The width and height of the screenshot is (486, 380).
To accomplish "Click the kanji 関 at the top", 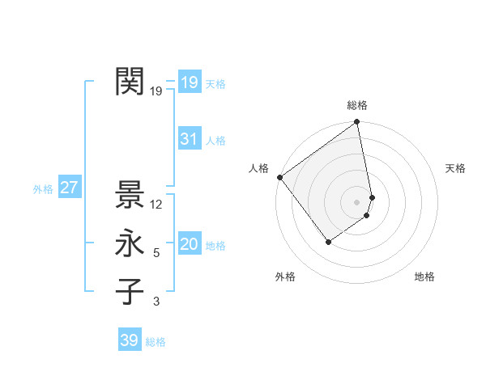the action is (130, 82).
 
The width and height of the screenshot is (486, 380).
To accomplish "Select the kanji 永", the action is (130, 243).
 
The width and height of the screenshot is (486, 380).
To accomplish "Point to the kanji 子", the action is (130, 292).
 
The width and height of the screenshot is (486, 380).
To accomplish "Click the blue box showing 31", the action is (189, 139).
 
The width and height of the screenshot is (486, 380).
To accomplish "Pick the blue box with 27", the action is (69, 188).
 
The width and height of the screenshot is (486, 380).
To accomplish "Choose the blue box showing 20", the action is (189, 244).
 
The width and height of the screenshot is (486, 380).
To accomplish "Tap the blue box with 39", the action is (129, 340).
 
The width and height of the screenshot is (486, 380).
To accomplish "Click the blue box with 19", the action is (189, 82).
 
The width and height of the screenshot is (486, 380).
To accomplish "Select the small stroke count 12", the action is (156, 205).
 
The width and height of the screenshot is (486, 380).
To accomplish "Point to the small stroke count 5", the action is (156, 253).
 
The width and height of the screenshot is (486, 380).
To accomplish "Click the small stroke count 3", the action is (156, 302).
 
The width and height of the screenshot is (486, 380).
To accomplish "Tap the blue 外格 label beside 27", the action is (43, 189).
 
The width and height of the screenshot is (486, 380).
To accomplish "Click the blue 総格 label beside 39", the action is (156, 342).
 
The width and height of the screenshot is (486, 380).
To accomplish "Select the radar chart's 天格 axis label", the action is (456, 168).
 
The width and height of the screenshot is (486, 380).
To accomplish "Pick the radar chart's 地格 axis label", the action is (424, 277).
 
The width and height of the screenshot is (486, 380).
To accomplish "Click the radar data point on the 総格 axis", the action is (357, 123).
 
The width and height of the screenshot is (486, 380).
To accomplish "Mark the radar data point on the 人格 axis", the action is (279, 177).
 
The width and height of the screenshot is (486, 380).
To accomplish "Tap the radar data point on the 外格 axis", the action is (328, 241).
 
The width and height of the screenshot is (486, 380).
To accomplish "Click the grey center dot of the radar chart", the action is (357, 201).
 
